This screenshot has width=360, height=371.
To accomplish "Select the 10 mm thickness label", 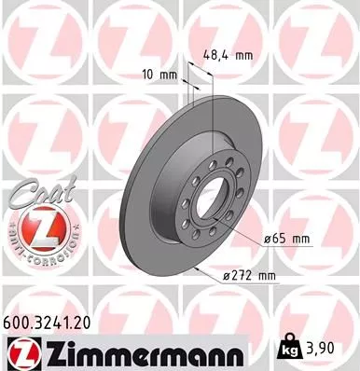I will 159,73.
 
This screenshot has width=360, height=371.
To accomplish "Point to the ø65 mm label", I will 286,240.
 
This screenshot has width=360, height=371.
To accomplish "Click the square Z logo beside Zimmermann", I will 20,352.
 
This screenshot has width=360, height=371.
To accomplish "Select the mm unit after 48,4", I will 245,55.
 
